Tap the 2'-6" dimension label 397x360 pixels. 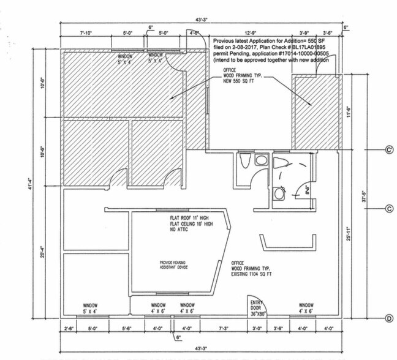click(x=69, y=328)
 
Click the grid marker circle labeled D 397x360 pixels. click(x=388, y=317)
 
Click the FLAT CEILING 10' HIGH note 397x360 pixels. click(x=192, y=224)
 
